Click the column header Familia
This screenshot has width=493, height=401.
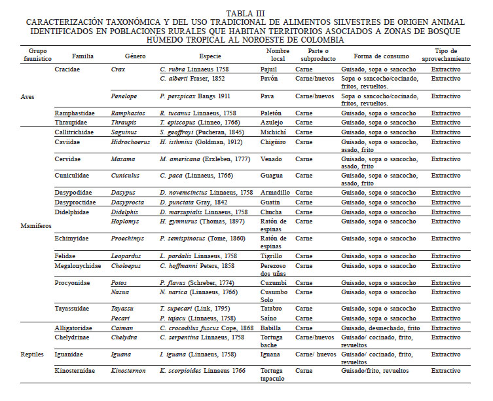tap(83, 56)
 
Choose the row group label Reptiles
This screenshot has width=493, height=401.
tap(32, 354)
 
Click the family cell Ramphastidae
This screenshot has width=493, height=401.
tap(79, 113)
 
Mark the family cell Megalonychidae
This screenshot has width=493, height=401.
tap(82, 266)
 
